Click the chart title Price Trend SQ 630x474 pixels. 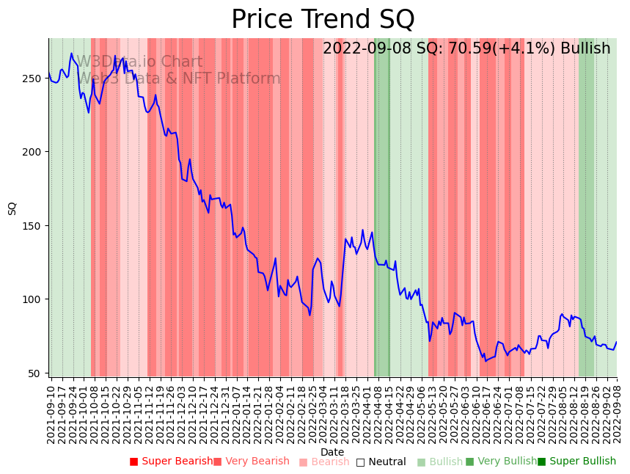[x=323, y=20]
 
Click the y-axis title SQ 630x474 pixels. [x=12, y=208]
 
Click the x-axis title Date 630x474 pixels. [x=332, y=452]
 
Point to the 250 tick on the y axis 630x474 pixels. [x=34, y=79]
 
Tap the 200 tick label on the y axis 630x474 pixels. [x=34, y=152]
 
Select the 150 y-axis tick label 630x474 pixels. [x=34, y=225]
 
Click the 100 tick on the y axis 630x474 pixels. [x=34, y=299]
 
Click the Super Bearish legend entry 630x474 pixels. [x=177, y=462]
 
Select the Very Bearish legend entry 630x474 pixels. [x=257, y=462]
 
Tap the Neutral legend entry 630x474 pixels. [x=387, y=462]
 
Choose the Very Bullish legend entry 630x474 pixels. [x=507, y=462]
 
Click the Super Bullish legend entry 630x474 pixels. [x=582, y=462]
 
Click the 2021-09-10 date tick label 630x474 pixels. [x=51, y=413]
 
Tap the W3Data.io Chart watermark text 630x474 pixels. [x=139, y=62]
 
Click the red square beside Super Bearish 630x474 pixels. [x=134, y=462]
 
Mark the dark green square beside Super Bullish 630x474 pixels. [x=542, y=462]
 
